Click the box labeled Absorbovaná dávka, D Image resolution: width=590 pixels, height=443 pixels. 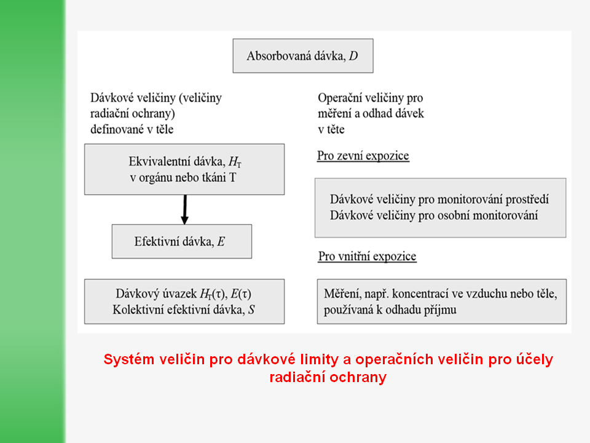(302, 57)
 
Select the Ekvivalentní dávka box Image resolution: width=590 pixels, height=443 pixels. (184, 169)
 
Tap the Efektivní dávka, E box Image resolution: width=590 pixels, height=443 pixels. (181, 241)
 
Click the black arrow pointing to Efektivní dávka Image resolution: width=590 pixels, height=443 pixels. (184, 209)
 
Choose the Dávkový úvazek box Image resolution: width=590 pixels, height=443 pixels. (184, 301)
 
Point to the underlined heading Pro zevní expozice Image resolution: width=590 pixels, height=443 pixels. (363, 156)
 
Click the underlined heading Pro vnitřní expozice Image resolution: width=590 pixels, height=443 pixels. (367, 256)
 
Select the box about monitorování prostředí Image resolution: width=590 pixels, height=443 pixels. (440, 207)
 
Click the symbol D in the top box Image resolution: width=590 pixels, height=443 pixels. (353, 57)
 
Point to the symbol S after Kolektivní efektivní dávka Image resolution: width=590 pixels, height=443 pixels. (251, 310)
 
